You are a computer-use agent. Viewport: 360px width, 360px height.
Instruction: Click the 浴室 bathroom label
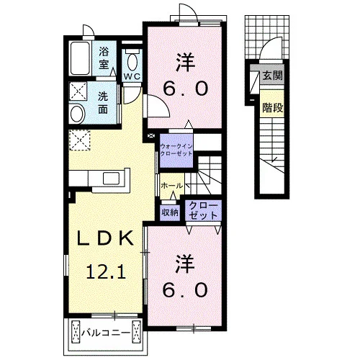[104, 58]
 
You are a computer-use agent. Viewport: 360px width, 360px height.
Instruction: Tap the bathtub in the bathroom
[81, 58]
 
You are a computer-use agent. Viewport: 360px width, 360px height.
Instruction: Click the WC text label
[132, 76]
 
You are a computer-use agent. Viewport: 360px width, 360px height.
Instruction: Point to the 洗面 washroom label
[103, 103]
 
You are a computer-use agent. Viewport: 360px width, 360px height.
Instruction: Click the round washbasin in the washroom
[78, 113]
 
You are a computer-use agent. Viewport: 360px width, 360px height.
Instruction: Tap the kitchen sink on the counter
[112, 178]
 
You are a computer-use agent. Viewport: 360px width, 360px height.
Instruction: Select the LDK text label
[105, 238]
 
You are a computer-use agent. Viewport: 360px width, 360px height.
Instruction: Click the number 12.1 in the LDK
[106, 272]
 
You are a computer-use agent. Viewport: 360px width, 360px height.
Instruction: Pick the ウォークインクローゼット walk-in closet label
[176, 150]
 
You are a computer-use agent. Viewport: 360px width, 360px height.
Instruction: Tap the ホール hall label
[172, 186]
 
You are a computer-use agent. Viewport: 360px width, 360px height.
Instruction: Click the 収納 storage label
[170, 212]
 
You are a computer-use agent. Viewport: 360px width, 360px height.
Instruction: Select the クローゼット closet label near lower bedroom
[203, 210]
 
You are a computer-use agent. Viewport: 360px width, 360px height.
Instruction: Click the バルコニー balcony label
[106, 333]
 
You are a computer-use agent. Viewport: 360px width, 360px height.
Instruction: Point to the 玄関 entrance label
[272, 76]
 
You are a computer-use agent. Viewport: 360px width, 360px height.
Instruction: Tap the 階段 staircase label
[273, 107]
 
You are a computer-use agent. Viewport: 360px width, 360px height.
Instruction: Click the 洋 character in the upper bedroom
[185, 62]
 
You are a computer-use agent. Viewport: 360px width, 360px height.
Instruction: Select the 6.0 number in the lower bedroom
[185, 290]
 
